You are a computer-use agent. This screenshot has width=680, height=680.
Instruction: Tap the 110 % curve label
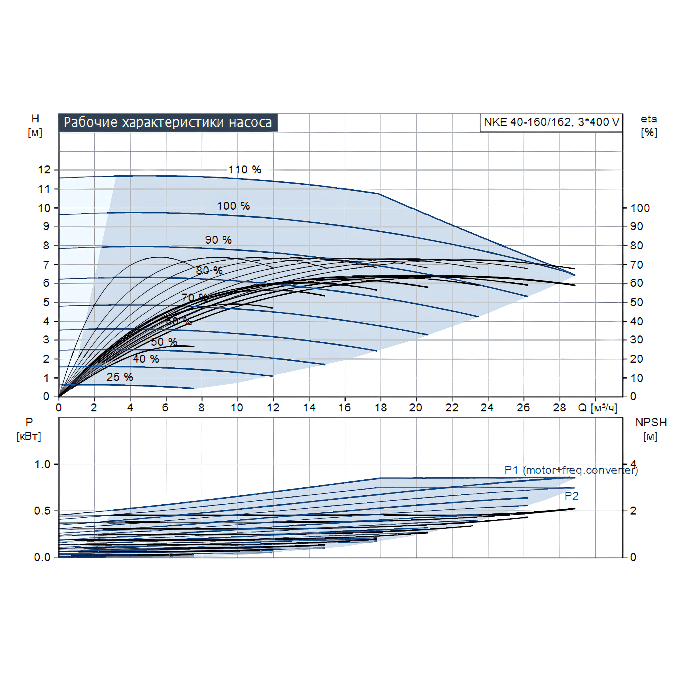[x=245, y=170]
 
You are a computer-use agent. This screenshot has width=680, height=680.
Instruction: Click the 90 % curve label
[x=218, y=240]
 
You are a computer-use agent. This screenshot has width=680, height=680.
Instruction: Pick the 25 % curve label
[x=120, y=377]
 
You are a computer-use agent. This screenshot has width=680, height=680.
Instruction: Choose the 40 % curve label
[x=146, y=359]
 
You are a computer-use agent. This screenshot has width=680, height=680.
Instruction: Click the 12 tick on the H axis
[x=44, y=170]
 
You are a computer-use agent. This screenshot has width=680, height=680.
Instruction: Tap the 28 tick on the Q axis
[x=559, y=408]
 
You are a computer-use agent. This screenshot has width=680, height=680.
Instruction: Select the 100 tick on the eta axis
[x=640, y=208]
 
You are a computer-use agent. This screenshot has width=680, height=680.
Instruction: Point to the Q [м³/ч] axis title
[x=597, y=408]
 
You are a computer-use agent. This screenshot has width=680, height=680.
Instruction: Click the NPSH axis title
[x=651, y=422]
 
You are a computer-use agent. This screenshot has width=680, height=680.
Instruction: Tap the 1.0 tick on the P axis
[x=42, y=464]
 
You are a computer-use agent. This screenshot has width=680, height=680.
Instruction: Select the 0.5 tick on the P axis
[x=42, y=511]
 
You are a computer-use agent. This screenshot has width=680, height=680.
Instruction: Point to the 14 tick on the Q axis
[x=309, y=408]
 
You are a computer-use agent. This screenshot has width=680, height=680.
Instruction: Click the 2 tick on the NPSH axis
[x=633, y=511]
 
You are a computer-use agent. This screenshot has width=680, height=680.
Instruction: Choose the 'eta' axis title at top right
[x=649, y=119]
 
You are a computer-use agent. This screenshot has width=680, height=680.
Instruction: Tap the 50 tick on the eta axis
[x=636, y=302]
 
